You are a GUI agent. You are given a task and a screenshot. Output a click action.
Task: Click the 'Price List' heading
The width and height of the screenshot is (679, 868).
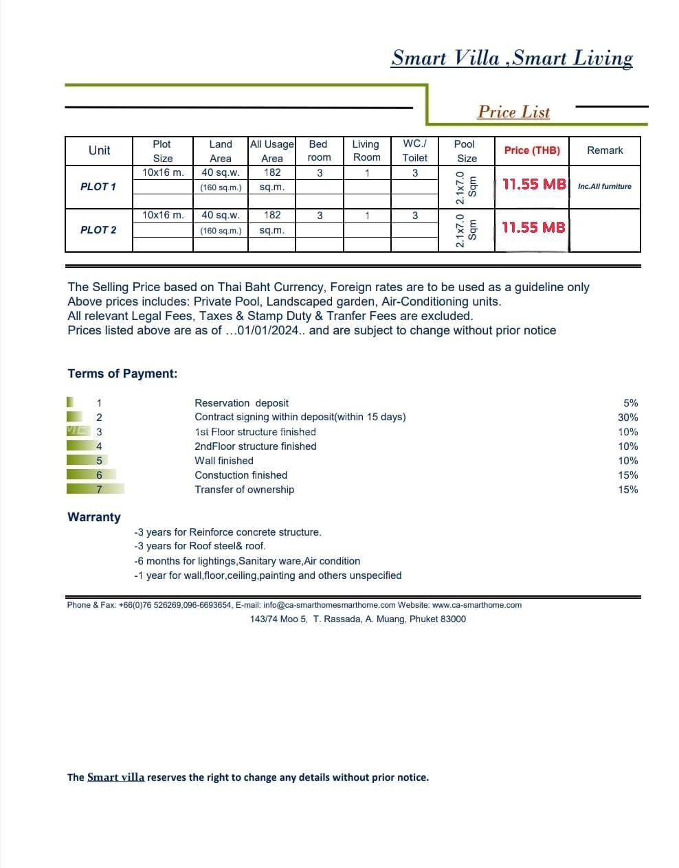513,112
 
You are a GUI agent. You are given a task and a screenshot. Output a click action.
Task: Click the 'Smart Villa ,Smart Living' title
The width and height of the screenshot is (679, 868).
512,58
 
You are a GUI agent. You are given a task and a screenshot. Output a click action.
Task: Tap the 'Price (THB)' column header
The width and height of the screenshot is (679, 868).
532,150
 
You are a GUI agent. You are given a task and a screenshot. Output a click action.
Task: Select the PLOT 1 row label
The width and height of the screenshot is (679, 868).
98,187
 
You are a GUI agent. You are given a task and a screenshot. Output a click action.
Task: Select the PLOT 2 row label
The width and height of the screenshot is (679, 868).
98,230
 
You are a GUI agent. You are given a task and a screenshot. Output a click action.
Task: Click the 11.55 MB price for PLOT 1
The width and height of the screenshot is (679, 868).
534,184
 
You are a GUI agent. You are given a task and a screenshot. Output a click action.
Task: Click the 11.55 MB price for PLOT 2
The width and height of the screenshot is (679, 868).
533,227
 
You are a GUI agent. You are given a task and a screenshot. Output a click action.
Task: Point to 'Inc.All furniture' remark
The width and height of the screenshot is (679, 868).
605,186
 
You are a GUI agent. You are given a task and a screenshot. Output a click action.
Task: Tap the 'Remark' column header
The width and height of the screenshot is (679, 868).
605,150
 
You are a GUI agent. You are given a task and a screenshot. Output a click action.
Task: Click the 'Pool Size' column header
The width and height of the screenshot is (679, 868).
466,151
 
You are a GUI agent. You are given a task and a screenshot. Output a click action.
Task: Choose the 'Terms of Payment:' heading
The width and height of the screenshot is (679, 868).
122,374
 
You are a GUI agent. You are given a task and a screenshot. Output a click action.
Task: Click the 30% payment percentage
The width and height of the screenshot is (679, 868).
627,418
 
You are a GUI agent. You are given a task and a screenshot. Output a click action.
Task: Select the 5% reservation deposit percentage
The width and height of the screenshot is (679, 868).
630,403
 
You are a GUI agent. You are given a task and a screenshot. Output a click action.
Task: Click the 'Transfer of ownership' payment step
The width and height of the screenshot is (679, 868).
244,490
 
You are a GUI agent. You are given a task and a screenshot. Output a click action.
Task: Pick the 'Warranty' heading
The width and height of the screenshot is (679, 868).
94,517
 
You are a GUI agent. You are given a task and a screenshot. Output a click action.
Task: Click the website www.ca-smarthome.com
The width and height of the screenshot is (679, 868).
477,605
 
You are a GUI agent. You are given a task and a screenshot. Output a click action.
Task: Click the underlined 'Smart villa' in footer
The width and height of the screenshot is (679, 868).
115,777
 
